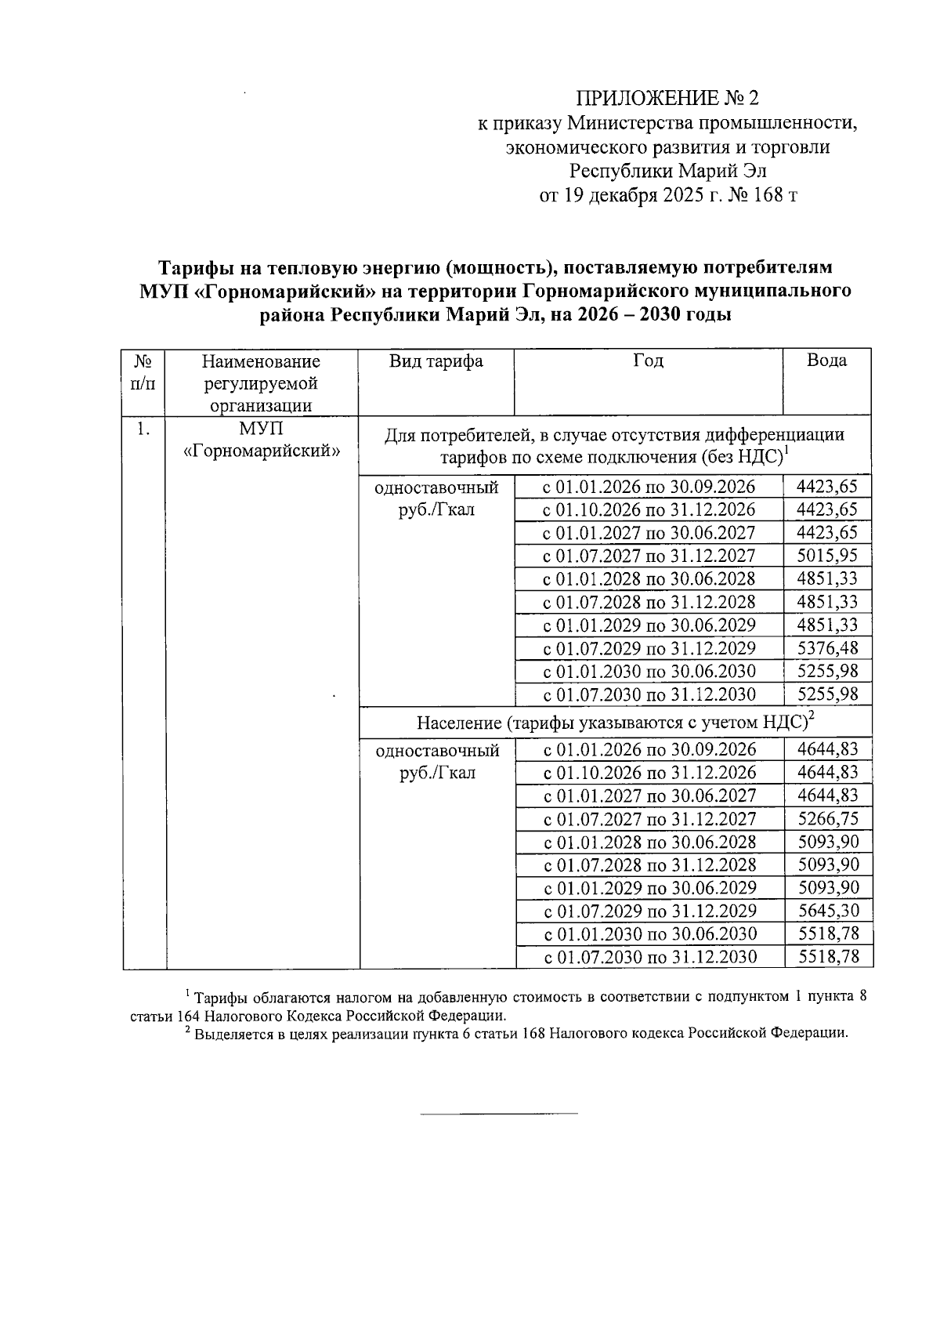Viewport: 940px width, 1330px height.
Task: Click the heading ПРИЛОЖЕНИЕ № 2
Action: tap(667, 98)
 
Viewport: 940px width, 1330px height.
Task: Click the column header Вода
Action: tap(826, 361)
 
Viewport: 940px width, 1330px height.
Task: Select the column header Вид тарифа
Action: tap(436, 361)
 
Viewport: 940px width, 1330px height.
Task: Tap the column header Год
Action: tap(649, 361)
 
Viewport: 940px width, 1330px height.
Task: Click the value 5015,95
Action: tap(827, 556)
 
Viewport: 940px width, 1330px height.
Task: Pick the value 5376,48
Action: tap(827, 648)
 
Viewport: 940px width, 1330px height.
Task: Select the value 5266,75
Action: tap(827, 819)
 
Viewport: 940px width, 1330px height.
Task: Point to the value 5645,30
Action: tap(827, 911)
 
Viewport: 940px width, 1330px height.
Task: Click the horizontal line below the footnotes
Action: tap(499, 1113)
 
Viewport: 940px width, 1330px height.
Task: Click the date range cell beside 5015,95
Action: tap(649, 556)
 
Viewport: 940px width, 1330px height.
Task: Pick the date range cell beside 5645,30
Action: tap(649, 911)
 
